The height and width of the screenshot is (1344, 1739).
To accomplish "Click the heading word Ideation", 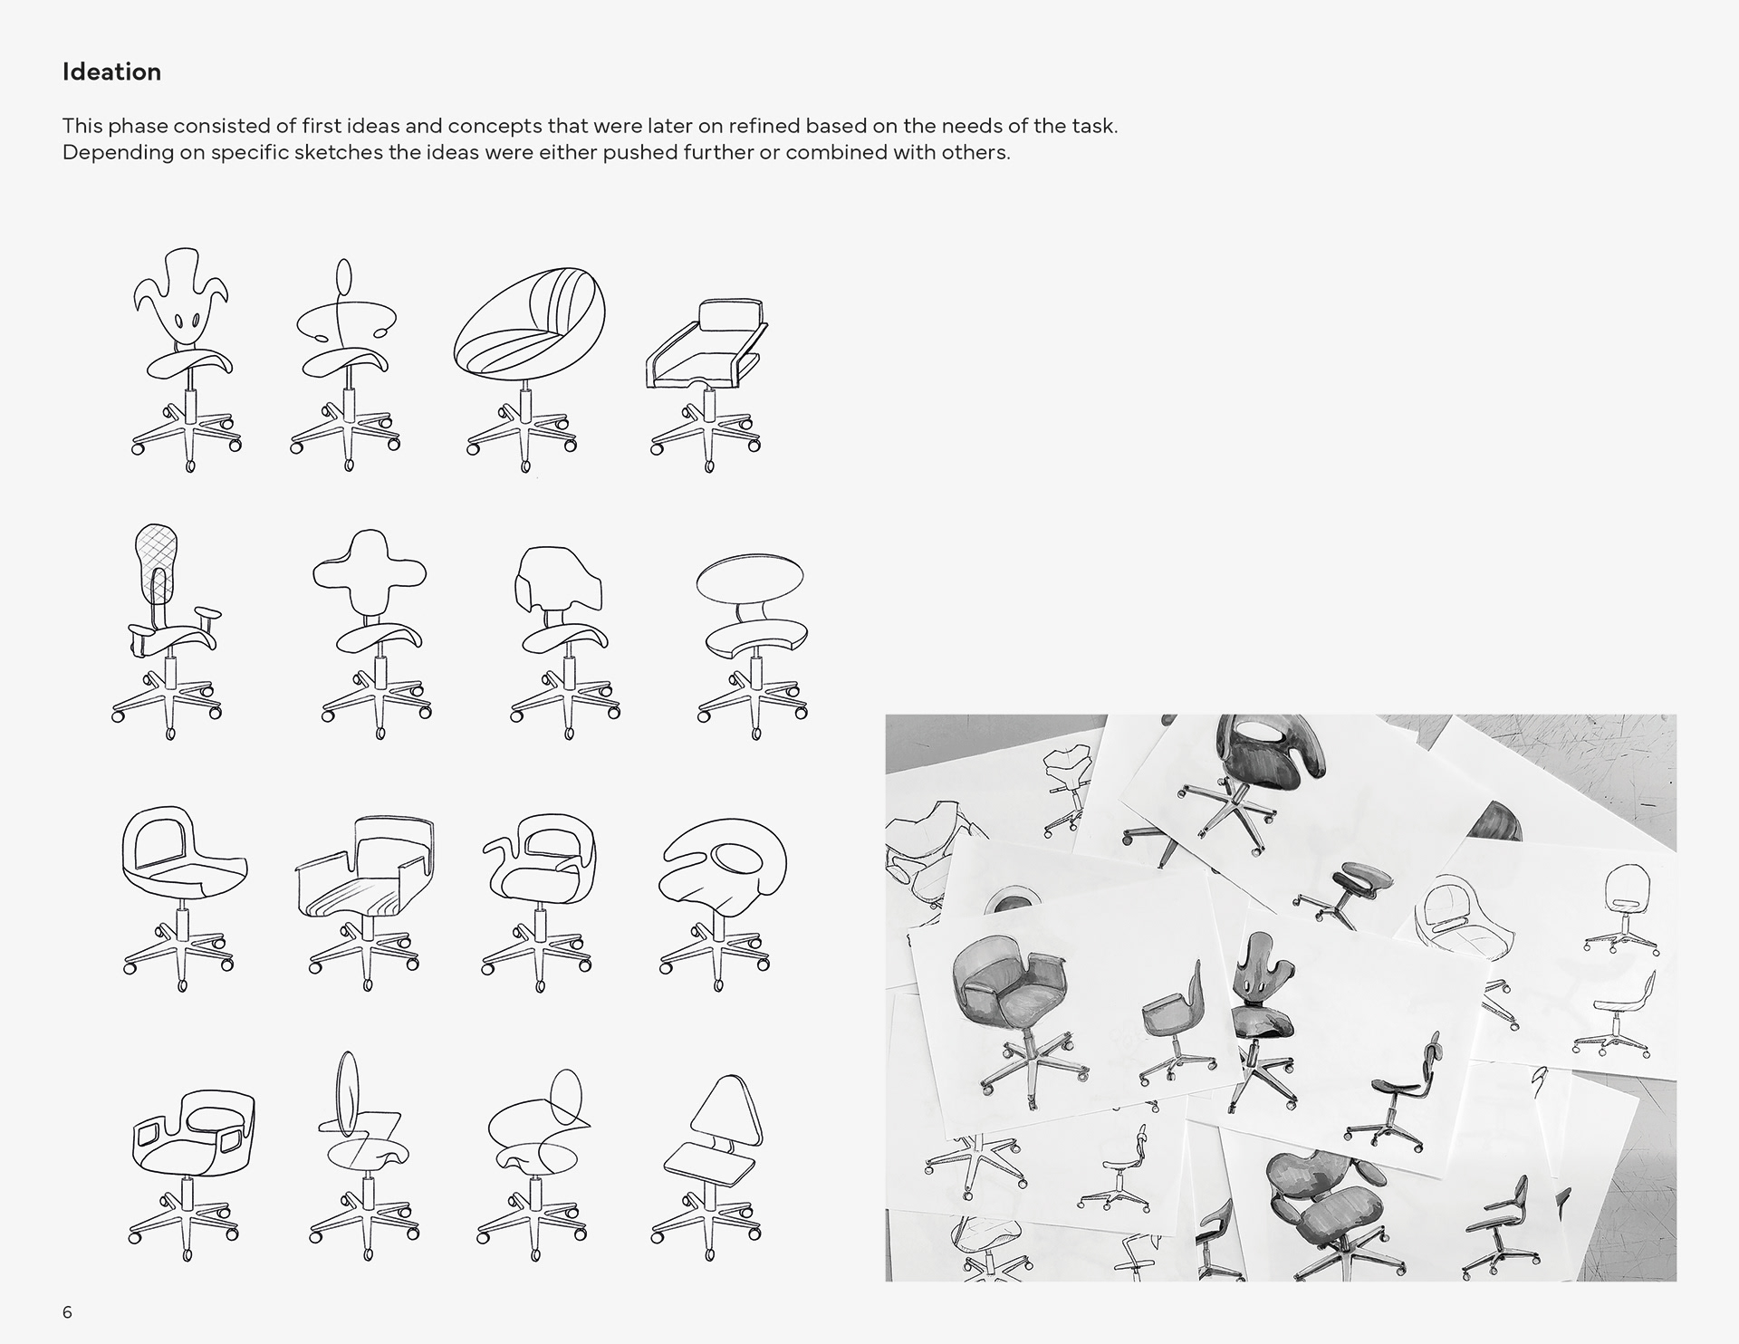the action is click(111, 72).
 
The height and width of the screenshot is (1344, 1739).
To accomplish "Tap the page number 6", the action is click(67, 1312).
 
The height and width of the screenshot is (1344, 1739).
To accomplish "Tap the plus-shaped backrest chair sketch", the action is click(373, 636).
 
